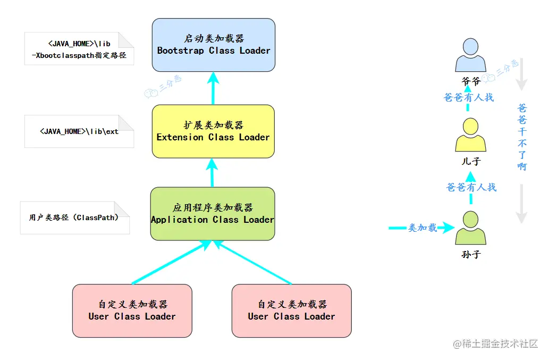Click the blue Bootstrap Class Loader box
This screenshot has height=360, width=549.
coord(214,45)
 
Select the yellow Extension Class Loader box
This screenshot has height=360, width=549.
coord(213,131)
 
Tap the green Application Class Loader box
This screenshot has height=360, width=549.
coord(213,214)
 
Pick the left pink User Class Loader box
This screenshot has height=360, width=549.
coord(132,311)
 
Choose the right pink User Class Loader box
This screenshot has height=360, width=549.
coord(291,311)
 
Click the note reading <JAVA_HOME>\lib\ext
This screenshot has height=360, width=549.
coord(79,131)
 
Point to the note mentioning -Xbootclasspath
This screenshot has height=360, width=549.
coord(79,49)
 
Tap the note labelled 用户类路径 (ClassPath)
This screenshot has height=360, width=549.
coord(74,217)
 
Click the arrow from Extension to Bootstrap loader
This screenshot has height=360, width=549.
coord(213,88)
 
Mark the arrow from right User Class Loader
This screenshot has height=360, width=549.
coord(252,262)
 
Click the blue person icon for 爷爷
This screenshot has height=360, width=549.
coord(470,55)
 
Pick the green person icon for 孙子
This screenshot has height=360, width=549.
coord(470,228)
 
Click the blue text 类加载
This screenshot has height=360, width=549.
coord(423,228)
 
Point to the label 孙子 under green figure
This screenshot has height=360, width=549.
coord(471,254)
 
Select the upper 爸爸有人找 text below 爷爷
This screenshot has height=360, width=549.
coord(469,97)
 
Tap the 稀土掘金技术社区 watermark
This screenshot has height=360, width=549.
coord(495,344)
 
